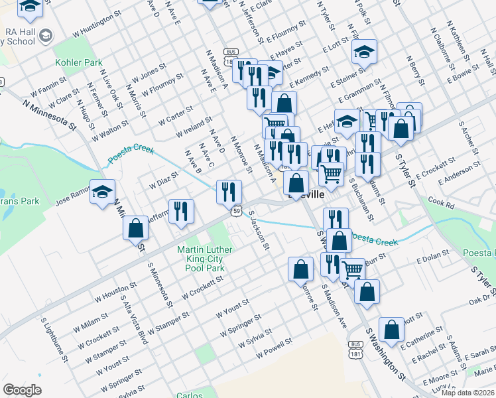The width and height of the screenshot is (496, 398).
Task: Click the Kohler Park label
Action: pyautogui.click(x=78, y=63)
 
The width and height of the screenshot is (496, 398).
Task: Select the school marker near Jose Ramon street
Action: pyautogui.click(x=102, y=192)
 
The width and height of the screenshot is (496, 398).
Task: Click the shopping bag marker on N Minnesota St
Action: pyautogui.click(x=135, y=228)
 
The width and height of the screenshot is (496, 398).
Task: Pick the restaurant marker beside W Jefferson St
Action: pyautogui.click(x=180, y=212)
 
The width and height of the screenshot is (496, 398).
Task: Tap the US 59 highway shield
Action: pyautogui.click(x=236, y=211)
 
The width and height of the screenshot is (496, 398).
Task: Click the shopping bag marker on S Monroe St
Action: pyautogui.click(x=300, y=269)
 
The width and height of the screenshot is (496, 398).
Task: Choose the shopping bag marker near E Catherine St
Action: pyautogui.click(x=392, y=328)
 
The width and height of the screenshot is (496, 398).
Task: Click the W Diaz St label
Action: pyautogui.click(x=160, y=179)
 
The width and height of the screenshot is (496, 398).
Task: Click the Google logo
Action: pyautogui.click(x=23, y=390)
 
